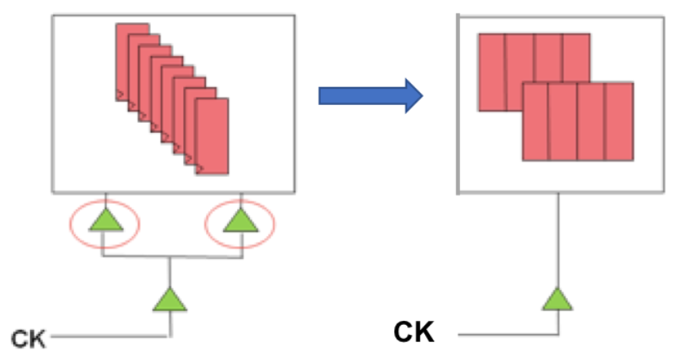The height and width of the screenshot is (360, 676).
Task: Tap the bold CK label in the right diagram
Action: pos(414,333)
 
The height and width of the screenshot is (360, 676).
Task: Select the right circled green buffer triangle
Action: pos(241,220)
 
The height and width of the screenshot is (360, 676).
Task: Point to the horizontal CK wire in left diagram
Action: pos(106,336)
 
